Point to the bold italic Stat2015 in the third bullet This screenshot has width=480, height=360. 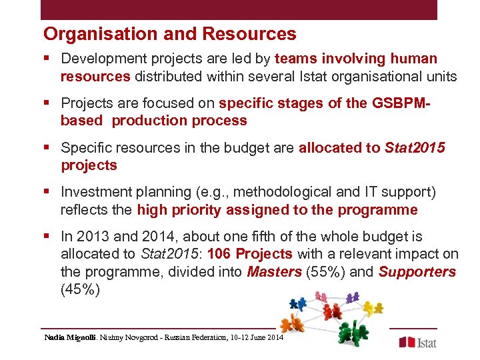[414, 147]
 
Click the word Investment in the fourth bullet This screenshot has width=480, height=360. [94, 192]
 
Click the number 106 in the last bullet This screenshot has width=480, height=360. [220, 254]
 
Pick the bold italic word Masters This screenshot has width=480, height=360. [274, 272]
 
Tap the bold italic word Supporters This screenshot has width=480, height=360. [416, 272]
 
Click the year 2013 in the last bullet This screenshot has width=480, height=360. [91, 237]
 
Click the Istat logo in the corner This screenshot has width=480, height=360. [417, 341]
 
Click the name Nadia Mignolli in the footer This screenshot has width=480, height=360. [70, 339]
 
